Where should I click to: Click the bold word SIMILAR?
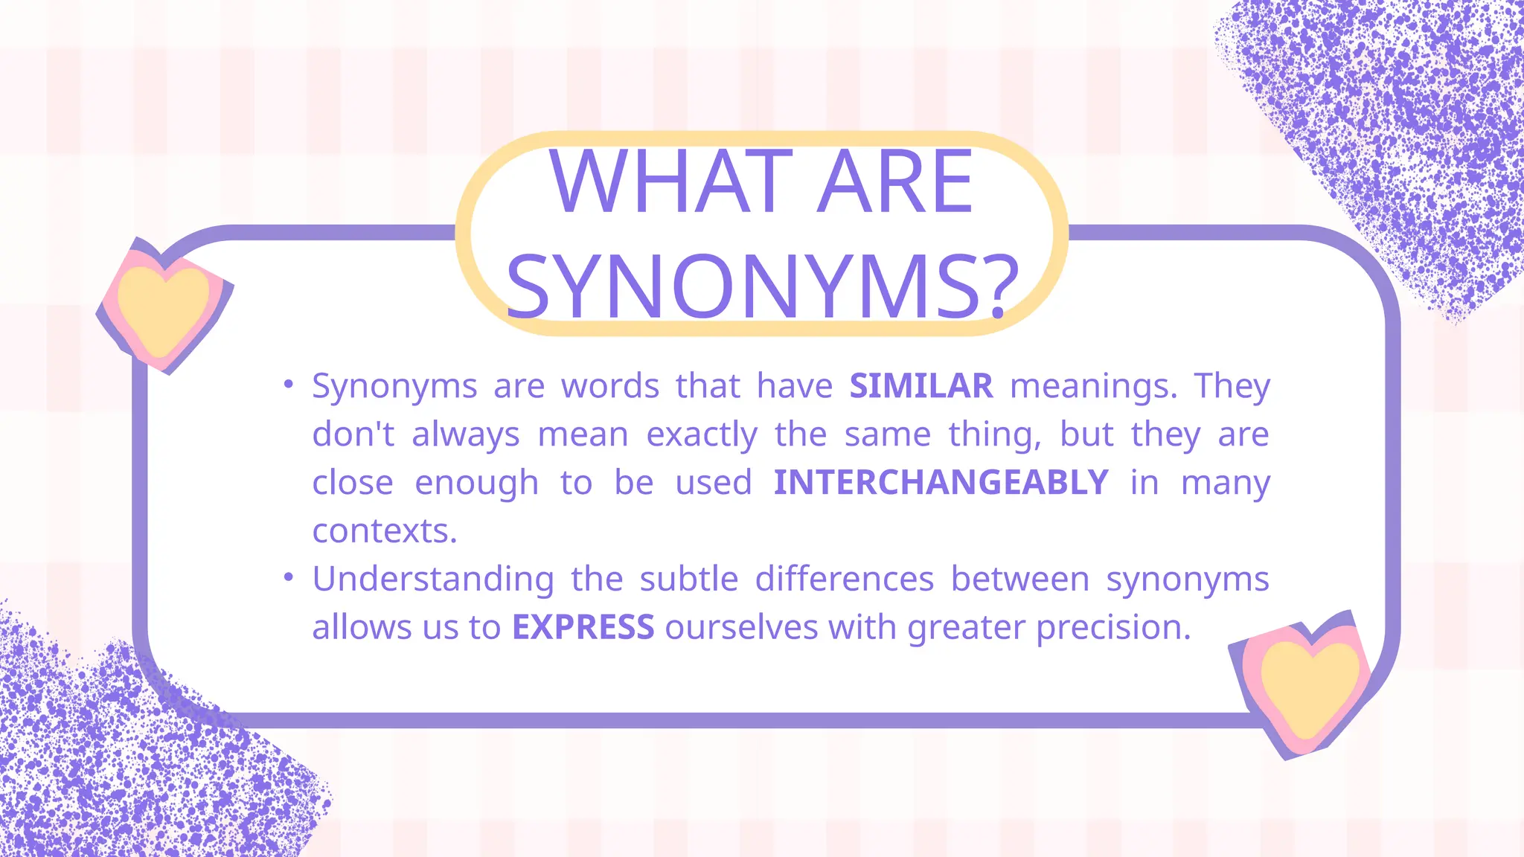click(x=921, y=386)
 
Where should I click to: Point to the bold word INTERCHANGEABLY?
click(x=941, y=483)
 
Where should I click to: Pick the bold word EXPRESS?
click(x=583, y=627)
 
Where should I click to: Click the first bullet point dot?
click(x=289, y=385)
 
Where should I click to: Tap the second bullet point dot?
click(x=289, y=577)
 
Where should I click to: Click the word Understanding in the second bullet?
click(x=433, y=579)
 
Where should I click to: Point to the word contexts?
click(x=384, y=531)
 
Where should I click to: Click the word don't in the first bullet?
click(x=353, y=434)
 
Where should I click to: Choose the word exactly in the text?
click(x=702, y=434)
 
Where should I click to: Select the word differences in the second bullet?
click(x=844, y=579)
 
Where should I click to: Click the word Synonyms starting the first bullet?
click(x=394, y=386)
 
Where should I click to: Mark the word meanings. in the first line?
click(x=1093, y=386)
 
